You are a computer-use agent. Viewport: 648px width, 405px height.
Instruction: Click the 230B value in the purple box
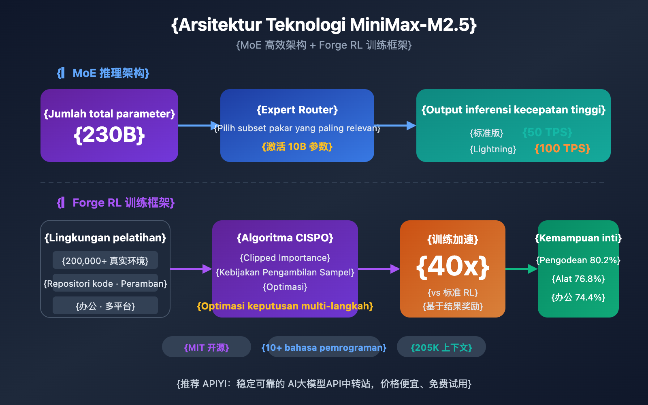[109, 135]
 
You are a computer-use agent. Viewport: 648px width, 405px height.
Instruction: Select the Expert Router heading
[297, 110]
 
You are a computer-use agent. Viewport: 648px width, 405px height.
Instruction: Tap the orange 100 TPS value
[562, 149]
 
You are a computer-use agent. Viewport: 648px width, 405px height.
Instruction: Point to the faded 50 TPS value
[547, 132]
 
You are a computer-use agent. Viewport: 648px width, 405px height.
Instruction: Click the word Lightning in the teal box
[493, 149]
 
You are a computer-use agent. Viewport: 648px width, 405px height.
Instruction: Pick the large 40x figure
[453, 266]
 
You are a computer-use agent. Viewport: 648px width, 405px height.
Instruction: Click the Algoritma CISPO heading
[285, 238]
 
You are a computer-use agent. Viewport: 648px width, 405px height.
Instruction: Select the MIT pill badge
[207, 347]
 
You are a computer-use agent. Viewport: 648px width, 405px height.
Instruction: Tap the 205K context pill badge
[441, 347]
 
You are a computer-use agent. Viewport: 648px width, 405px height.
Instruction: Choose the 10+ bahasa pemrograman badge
[324, 347]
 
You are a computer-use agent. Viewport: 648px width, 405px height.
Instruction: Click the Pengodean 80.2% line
[578, 260]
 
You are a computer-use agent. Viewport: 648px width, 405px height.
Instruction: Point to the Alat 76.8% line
[578, 279]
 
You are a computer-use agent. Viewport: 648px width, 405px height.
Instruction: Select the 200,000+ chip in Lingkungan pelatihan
[105, 260]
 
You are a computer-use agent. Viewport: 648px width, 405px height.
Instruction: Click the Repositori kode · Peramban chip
[105, 283]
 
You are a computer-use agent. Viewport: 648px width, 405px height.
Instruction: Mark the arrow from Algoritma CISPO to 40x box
[379, 269]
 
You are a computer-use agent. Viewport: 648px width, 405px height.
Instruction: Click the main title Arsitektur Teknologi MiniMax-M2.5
[324, 25]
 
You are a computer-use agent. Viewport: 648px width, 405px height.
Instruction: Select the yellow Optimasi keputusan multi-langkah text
[285, 306]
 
